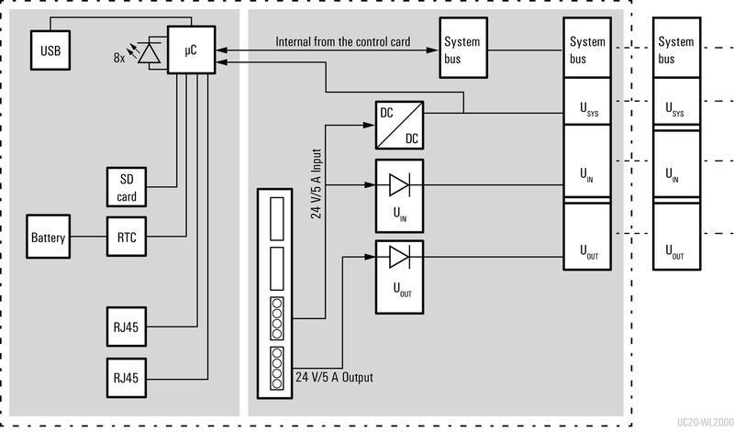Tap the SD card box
click(x=127, y=188)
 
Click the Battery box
click(x=48, y=238)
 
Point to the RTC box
click(x=127, y=238)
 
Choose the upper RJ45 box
click(x=127, y=327)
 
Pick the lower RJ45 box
click(x=127, y=377)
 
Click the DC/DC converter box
click(x=399, y=126)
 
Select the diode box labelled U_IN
click(x=399, y=194)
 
